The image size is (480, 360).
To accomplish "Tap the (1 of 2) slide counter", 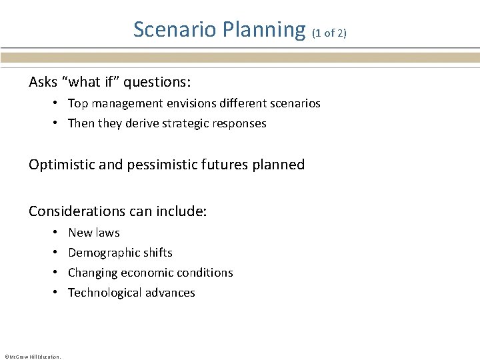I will [x=329, y=33].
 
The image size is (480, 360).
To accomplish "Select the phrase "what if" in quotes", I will [x=89, y=82].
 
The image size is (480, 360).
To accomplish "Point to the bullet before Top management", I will [x=59, y=103].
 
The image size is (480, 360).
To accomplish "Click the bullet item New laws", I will [x=94, y=233].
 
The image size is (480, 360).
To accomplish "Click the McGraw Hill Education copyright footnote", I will [x=32, y=357].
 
